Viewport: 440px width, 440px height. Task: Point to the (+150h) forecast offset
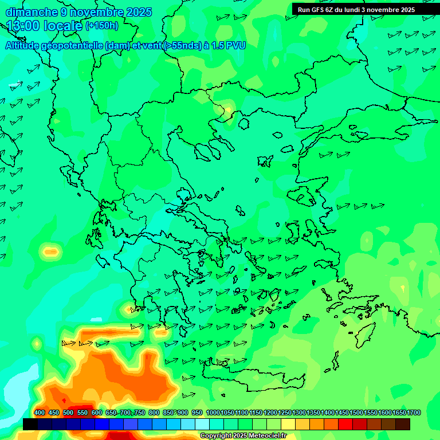click(x=101, y=26)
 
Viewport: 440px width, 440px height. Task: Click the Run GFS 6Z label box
click(x=356, y=10)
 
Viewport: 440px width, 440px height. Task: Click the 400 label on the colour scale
click(x=40, y=413)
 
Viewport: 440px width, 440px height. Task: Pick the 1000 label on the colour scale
click(x=213, y=413)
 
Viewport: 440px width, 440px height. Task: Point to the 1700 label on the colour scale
click(x=414, y=413)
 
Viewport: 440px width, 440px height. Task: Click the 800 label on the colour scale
click(x=154, y=413)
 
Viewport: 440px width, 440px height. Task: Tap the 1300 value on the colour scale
click(x=299, y=413)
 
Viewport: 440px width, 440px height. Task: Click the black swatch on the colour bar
click(x=30, y=424)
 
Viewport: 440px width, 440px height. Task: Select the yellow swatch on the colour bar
click(x=288, y=424)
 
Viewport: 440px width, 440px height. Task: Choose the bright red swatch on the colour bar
click(x=345, y=424)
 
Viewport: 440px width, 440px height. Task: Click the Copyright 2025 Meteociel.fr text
click(x=242, y=436)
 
